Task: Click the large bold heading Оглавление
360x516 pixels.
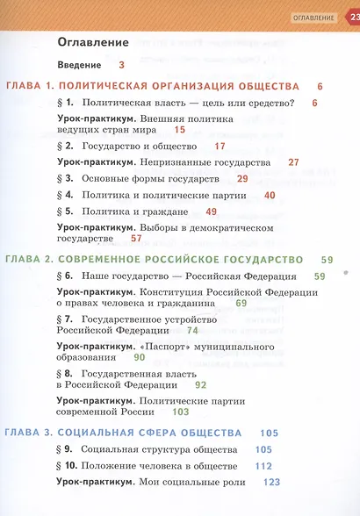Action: (x=92, y=40)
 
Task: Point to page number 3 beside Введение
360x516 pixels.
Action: (x=121, y=65)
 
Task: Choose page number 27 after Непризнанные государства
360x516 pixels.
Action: (x=293, y=162)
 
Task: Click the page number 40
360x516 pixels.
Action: (x=270, y=195)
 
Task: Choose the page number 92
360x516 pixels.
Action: (x=200, y=384)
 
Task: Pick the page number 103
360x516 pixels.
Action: (x=181, y=412)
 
